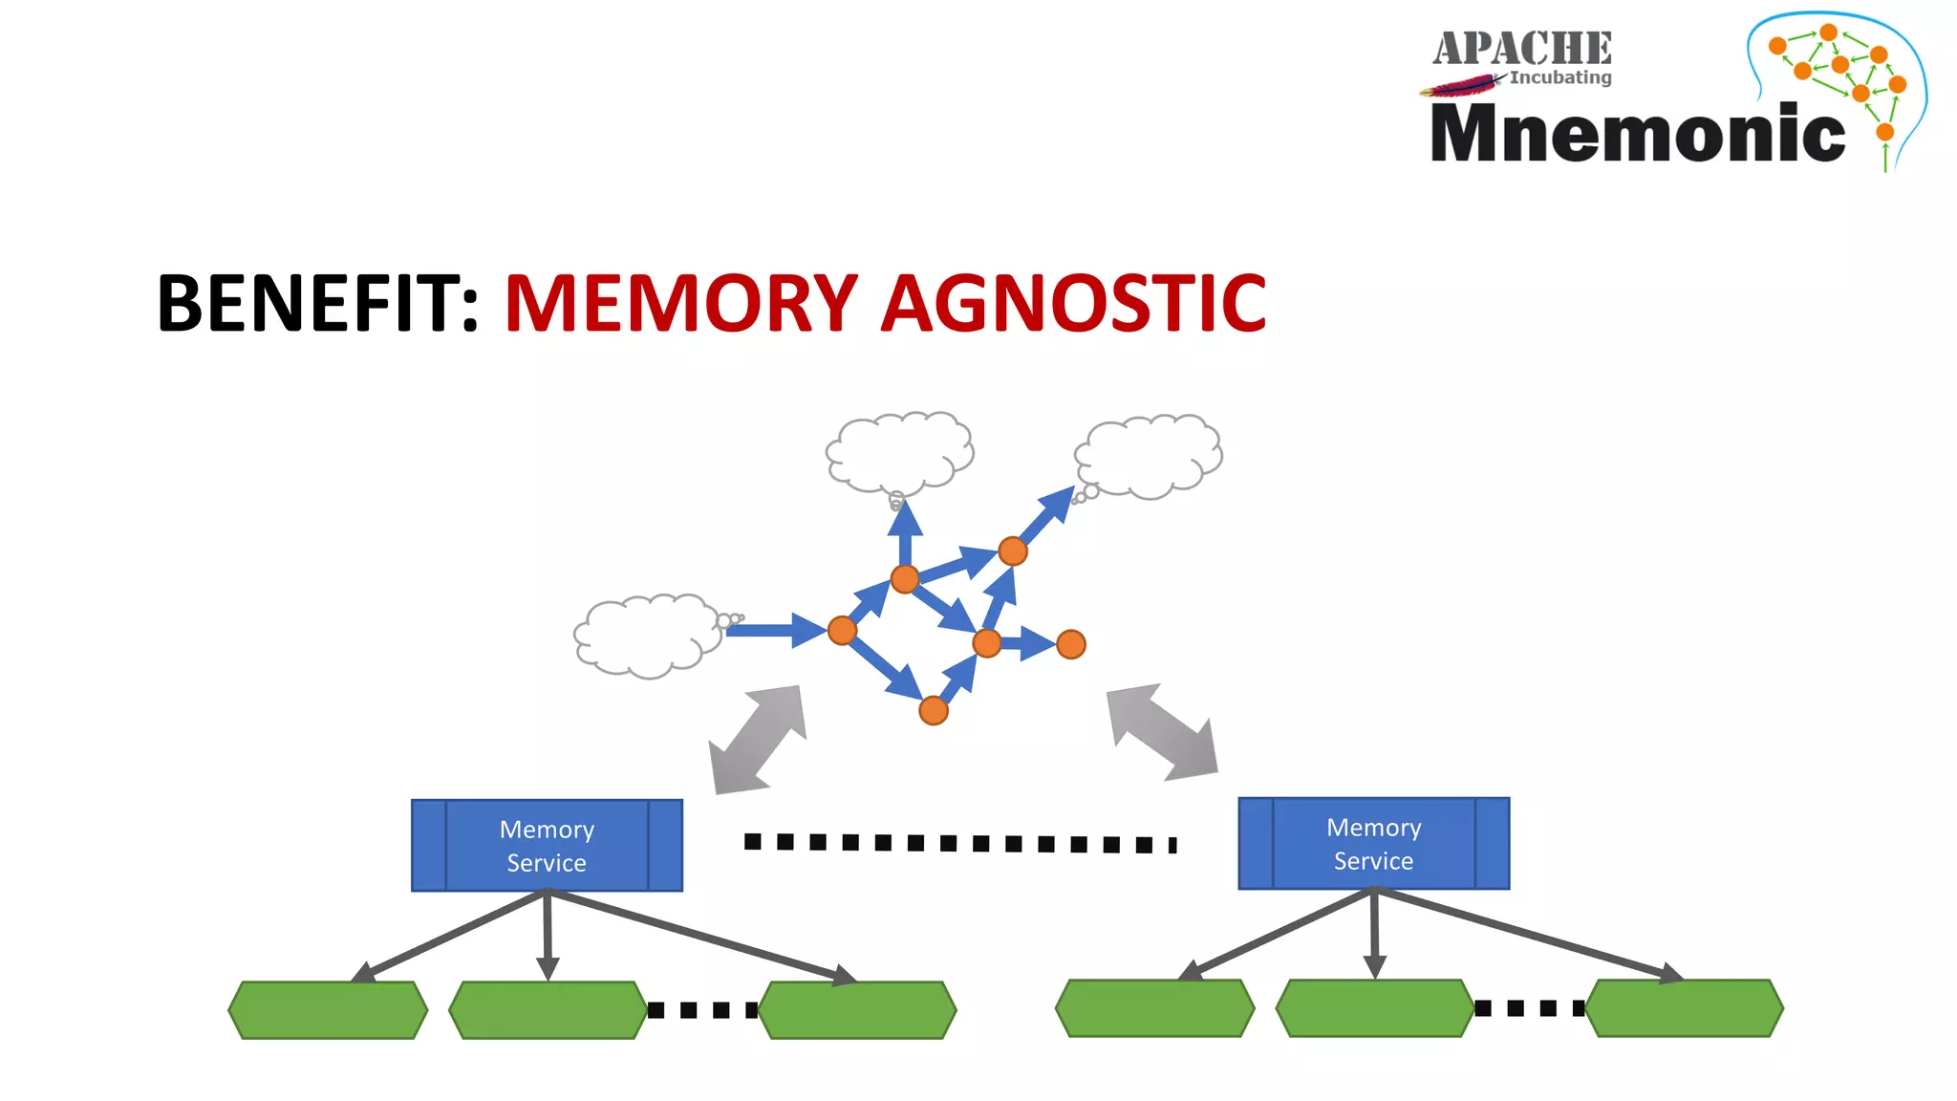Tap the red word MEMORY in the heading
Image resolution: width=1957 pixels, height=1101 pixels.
680,304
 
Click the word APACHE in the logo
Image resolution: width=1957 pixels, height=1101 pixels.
1521,48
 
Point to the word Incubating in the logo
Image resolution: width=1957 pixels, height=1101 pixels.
1560,77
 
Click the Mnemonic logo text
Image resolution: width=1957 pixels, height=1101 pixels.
1637,134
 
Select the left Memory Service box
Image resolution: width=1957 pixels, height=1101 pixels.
547,846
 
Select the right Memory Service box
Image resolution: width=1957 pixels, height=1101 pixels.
1373,844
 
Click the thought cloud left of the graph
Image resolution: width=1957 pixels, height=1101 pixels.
646,636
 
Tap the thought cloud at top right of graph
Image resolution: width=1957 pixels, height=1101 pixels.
1151,455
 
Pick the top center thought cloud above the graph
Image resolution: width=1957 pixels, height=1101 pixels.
899,451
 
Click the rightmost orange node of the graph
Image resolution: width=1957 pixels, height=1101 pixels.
1070,644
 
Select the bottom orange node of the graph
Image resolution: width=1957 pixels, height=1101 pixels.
933,710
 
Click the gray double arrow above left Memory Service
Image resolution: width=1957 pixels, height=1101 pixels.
758,739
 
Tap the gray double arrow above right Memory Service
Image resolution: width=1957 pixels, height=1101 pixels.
1162,731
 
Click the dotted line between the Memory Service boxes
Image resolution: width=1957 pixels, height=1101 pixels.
959,843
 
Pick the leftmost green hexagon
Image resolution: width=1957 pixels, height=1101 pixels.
328,1009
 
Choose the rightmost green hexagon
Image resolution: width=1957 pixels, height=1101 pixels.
1684,1007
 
